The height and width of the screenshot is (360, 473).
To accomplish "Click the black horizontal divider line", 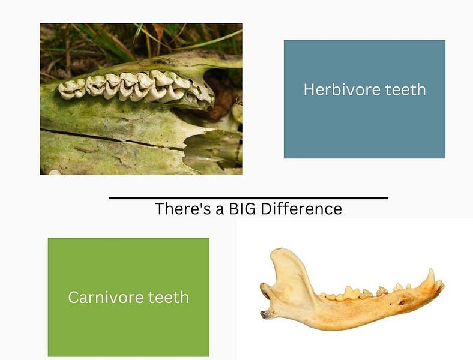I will point(248,197).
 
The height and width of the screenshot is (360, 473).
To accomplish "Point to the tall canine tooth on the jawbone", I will point(430,279).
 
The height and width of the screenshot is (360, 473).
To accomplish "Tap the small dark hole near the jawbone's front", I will point(402,302).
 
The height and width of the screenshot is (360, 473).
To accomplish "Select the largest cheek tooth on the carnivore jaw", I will point(351,293).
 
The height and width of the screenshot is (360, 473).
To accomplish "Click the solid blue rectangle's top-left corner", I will point(285,41).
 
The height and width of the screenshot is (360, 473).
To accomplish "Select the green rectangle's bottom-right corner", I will point(208,356).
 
